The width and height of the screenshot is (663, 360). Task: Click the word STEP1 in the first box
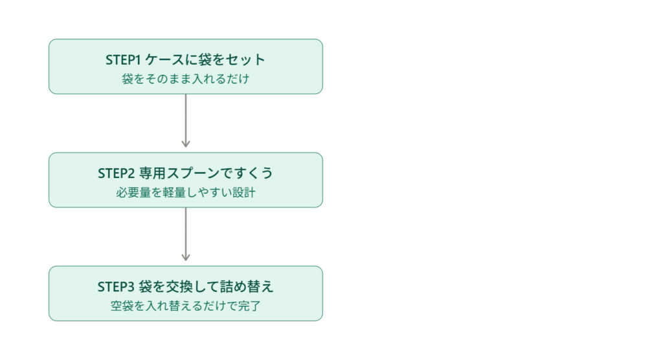122,60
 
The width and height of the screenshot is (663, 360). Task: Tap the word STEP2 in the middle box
116,174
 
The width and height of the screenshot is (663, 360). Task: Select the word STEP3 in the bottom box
116,287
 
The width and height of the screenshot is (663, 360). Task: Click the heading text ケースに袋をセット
205,60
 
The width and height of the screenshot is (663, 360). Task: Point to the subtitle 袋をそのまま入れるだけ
186,79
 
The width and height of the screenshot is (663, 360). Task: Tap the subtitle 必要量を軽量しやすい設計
186,192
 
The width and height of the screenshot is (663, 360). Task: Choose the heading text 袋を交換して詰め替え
207,286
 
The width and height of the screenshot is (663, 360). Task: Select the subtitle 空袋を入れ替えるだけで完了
186,306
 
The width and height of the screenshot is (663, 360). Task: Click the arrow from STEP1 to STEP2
186,120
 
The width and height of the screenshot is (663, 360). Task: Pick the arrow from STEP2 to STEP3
186,234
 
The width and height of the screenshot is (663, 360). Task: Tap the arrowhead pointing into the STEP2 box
186,144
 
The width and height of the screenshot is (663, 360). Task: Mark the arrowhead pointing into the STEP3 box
186,258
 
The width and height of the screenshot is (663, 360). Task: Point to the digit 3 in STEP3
130,287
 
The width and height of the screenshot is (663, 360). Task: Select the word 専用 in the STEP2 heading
152,173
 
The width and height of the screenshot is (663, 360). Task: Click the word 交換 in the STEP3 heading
179,286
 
